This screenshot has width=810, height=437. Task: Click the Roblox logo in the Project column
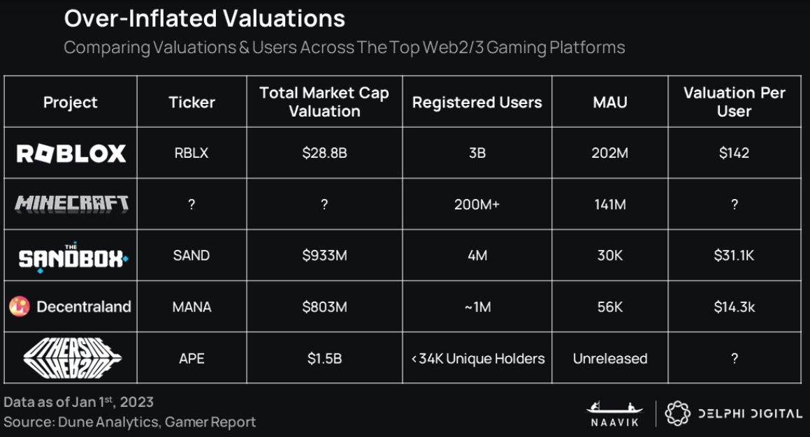pos(71,153)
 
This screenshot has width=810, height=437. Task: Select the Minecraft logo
pos(71,204)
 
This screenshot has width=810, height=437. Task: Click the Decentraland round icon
pos(20,306)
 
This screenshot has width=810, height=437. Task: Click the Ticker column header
pos(191,103)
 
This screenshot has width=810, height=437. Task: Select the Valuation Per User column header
pos(734,102)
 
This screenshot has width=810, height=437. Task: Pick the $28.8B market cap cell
pos(324,153)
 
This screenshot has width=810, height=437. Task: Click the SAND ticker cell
pos(191,255)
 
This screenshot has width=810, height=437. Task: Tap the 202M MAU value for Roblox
pos(609,153)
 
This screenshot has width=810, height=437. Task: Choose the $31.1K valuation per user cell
pos(734,255)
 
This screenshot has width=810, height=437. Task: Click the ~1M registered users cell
pos(477,306)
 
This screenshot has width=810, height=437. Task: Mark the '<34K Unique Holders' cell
pos(477,359)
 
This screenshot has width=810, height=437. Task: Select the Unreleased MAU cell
pos(609,359)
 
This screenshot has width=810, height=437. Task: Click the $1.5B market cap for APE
pos(324,359)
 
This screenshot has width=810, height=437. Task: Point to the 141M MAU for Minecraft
pos(609,204)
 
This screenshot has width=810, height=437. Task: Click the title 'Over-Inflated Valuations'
pos(204,19)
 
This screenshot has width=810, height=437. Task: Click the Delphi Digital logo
pos(733,413)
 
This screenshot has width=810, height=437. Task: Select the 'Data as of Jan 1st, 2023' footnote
pos(78,402)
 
